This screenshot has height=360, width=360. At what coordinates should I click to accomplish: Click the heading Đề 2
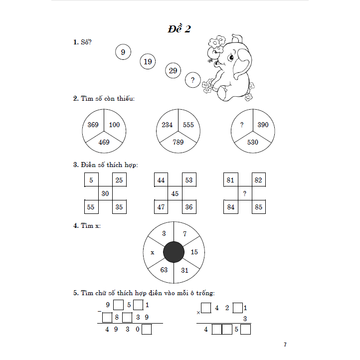(x=179, y=29)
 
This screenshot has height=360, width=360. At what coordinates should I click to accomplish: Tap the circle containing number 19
(x=147, y=62)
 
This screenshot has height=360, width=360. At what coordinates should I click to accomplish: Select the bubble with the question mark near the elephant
(x=192, y=80)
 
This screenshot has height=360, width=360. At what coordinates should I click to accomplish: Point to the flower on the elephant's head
(x=217, y=43)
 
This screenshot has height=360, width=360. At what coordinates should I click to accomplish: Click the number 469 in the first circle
(x=104, y=142)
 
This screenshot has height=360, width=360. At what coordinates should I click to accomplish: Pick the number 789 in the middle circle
(x=178, y=142)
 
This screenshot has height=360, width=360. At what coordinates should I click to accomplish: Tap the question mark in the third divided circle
(x=242, y=125)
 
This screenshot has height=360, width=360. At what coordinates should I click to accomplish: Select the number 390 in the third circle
(x=263, y=125)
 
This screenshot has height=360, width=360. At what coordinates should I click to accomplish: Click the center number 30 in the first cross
(x=105, y=193)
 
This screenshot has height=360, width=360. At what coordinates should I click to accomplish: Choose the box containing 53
(x=188, y=180)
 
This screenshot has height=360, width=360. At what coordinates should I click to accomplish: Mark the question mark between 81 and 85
(x=244, y=193)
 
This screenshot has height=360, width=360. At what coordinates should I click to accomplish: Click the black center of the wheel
(x=174, y=252)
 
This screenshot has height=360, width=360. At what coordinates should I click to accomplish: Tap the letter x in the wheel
(x=152, y=252)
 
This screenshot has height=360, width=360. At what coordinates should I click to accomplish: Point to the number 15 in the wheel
(x=194, y=252)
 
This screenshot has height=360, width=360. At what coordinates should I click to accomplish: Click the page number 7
(x=285, y=345)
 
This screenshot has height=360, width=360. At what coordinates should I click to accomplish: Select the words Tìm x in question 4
(x=91, y=225)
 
